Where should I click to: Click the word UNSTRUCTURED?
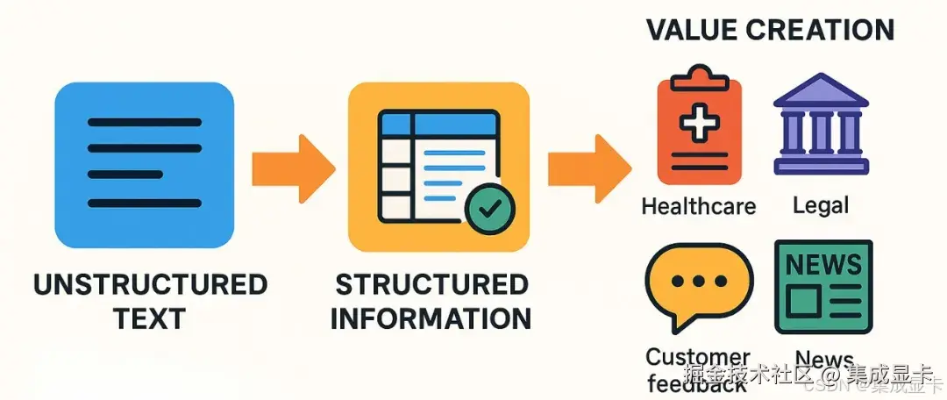click(x=150, y=285)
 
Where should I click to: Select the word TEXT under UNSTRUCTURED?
click(x=150, y=318)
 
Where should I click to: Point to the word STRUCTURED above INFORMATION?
click(x=432, y=285)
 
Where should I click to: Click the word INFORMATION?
click(x=432, y=318)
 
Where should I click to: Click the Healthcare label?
click(x=699, y=206)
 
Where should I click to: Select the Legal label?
click(x=822, y=206)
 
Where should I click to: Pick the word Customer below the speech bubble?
click(x=698, y=357)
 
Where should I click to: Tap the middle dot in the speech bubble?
click(x=698, y=282)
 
